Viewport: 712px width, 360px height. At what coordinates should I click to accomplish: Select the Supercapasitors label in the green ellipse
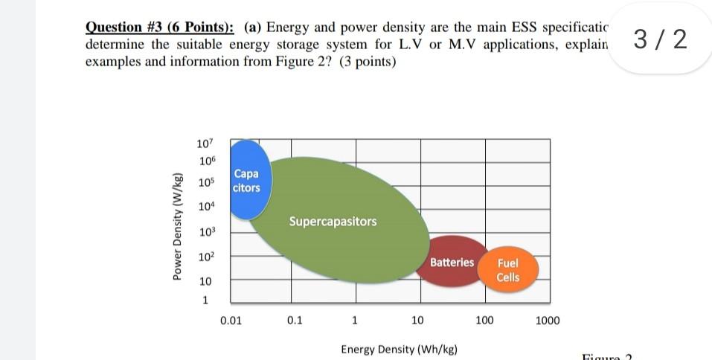[333, 222]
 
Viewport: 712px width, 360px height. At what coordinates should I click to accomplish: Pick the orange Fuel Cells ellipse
[507, 270]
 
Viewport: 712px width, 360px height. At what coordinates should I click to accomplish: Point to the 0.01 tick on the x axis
[231, 321]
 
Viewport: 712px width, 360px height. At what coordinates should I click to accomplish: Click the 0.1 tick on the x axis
[294, 321]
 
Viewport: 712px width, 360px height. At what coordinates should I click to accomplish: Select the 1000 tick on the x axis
[548, 321]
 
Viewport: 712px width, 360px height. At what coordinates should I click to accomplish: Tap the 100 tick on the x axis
[484, 321]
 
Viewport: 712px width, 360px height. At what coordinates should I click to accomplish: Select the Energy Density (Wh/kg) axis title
[399, 349]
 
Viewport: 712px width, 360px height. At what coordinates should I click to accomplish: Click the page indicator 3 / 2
[658, 39]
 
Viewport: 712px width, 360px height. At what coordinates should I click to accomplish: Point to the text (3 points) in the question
[368, 62]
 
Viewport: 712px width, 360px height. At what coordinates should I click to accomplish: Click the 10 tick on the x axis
[417, 321]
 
